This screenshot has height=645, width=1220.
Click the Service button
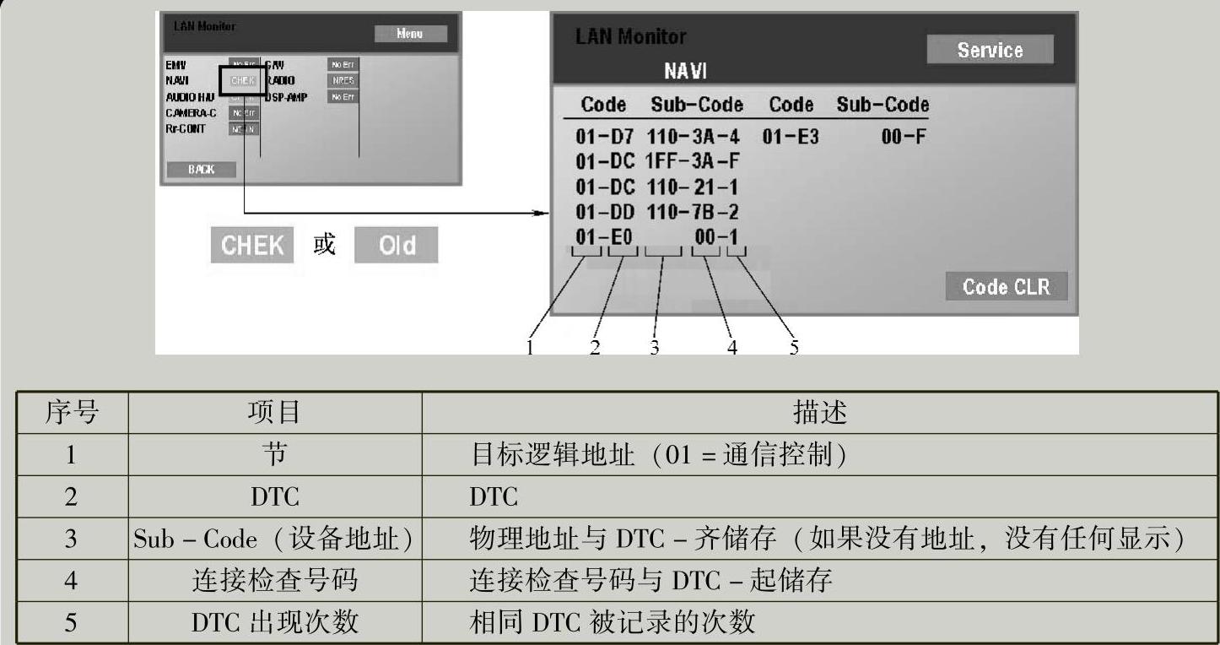point(990,50)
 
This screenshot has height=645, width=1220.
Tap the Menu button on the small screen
point(410,34)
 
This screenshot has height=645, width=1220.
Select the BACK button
point(202,169)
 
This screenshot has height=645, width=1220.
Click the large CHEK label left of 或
point(251,245)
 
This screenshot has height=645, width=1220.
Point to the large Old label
point(397,245)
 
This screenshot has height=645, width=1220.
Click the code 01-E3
point(791,136)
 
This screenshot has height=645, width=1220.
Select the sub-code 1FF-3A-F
point(692,160)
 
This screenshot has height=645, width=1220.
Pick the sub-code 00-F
point(904,136)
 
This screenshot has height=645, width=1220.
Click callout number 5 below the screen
point(794,346)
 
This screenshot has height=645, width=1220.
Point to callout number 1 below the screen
point(531,346)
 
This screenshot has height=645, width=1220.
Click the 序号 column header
point(72,413)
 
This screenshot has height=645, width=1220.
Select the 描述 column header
point(819,413)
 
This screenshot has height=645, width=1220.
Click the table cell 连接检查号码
point(274,580)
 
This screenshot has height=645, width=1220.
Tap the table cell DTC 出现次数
point(274,622)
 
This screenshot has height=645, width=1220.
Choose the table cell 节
point(274,455)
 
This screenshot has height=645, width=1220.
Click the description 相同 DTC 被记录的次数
point(612,622)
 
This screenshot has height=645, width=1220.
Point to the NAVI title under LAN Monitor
point(684,71)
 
